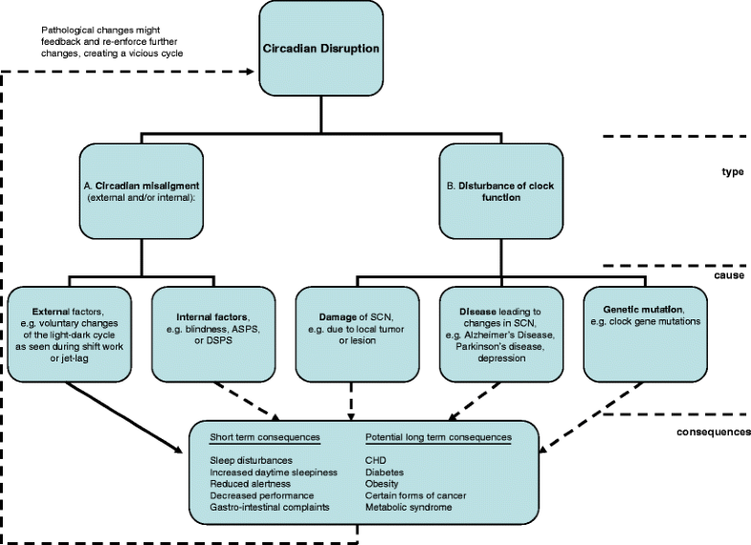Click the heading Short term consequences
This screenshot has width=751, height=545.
point(264,437)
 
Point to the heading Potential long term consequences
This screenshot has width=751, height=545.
point(438,437)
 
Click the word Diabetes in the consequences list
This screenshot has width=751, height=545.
point(385,471)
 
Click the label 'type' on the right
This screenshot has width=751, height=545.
point(732,171)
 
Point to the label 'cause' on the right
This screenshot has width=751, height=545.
point(729,274)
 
